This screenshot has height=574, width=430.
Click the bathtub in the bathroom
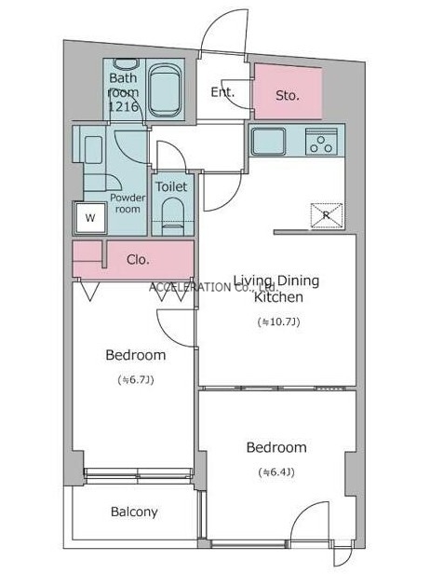tap(166, 90)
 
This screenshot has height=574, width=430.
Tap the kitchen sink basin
tap(268, 141)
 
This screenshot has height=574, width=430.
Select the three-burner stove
tap(321, 142)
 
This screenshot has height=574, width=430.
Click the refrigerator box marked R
tap(327, 215)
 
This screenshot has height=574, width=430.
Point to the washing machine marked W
tap(90, 218)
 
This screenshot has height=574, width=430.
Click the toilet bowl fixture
tap(172, 216)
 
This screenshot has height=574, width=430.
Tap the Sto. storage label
tap(288, 96)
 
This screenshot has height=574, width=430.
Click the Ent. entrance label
tap(222, 92)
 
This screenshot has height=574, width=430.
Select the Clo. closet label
tap(138, 260)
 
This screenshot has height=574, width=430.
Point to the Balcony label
tap(134, 512)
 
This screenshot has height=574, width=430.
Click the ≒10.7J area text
tap(278, 321)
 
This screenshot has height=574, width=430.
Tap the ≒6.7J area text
tap(136, 379)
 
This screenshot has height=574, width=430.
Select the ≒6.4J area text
tap(276, 472)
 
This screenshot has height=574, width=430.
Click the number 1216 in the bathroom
tap(124, 106)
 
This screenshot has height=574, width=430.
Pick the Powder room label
tap(128, 203)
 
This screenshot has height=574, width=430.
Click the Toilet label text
tap(171, 186)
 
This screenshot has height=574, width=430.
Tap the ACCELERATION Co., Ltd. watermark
tap(214, 287)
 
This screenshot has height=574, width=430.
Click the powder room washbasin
tap(93, 150)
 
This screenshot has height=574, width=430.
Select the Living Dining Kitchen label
tap(276, 289)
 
